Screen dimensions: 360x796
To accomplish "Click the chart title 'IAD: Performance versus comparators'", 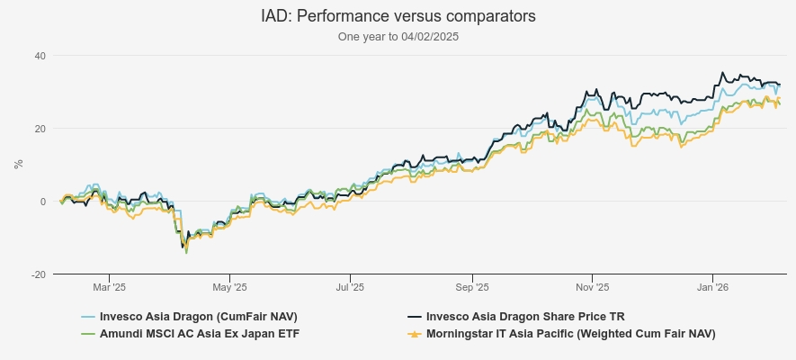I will [398, 16].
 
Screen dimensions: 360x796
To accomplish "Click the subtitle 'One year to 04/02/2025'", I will [398, 37].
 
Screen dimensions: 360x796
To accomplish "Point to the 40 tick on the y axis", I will [40, 56].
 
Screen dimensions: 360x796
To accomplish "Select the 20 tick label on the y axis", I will [40, 129].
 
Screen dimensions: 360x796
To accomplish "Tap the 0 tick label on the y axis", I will [42, 202].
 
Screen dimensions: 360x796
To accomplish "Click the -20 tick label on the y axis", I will [38, 274].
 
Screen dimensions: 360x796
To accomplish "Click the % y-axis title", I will [18, 165].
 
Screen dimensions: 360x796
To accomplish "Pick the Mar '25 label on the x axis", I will [109, 288].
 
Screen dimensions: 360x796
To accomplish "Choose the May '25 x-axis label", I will [229, 288].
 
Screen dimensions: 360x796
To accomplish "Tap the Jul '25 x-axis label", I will [350, 288].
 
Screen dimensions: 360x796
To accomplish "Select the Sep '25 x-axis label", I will [471, 288].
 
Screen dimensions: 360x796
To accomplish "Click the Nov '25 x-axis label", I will [592, 288].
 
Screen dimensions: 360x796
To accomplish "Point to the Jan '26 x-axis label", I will [713, 288].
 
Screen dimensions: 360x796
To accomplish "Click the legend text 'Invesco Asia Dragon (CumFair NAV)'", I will [198, 317].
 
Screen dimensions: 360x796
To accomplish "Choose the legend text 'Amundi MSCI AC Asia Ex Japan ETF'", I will [199, 334].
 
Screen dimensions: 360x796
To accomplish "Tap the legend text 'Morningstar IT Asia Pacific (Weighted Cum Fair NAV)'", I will [570, 334].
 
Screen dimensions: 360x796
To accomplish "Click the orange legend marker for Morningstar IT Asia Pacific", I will [415, 334].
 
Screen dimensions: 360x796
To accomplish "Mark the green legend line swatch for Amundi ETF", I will [88, 334].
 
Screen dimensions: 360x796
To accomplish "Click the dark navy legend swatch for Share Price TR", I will [415, 317].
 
